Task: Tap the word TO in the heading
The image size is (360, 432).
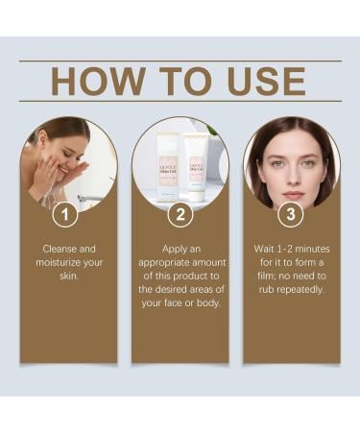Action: tap(175, 81)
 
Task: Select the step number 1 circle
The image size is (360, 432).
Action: tap(64, 214)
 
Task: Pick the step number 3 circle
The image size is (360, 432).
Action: tap(291, 214)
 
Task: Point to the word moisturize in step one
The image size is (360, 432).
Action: tap(66, 262)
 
